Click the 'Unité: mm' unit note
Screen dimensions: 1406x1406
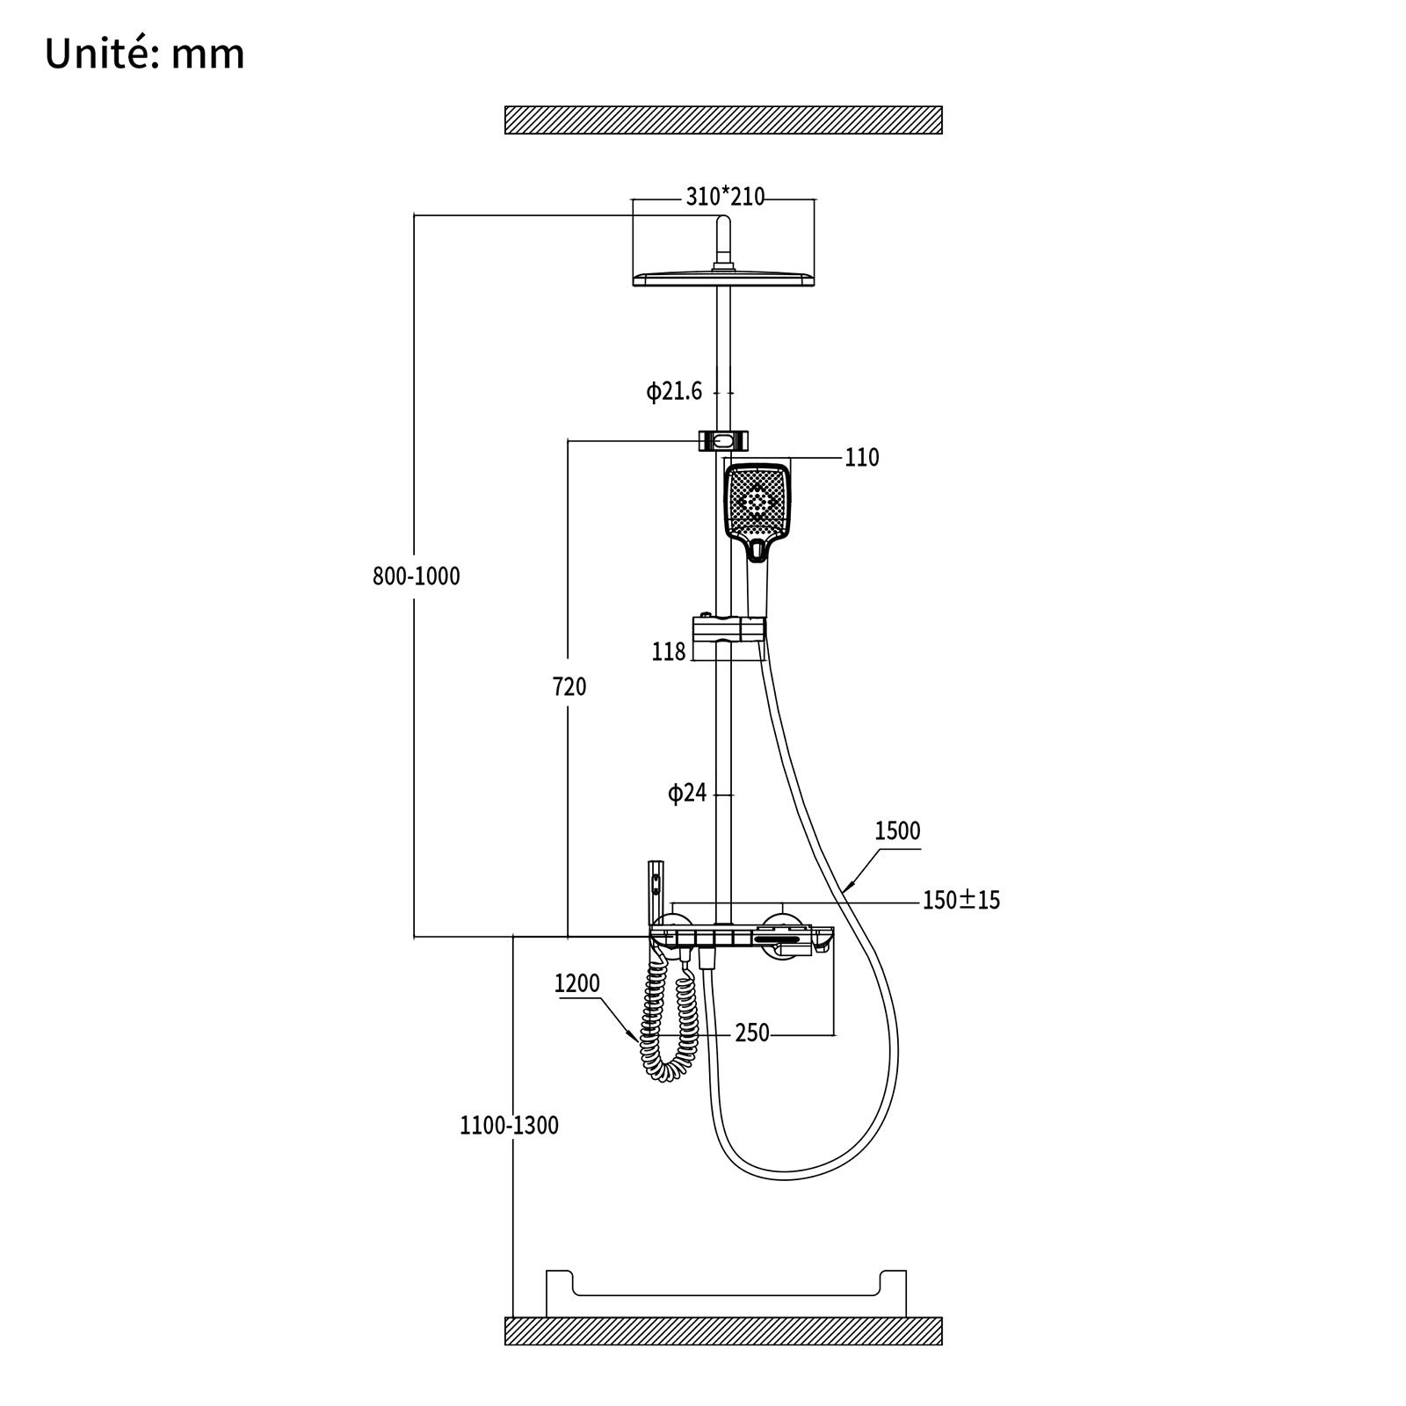145,54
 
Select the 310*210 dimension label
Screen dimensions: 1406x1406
725,197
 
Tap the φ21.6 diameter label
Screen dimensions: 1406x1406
675,391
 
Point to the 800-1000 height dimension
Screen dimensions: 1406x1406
417,576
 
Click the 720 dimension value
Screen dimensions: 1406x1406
570,686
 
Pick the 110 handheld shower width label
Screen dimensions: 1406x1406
861,458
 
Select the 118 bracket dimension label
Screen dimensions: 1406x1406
669,652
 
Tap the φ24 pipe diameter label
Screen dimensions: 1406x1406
687,794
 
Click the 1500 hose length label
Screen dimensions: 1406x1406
897,831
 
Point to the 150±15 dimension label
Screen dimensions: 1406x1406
961,900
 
